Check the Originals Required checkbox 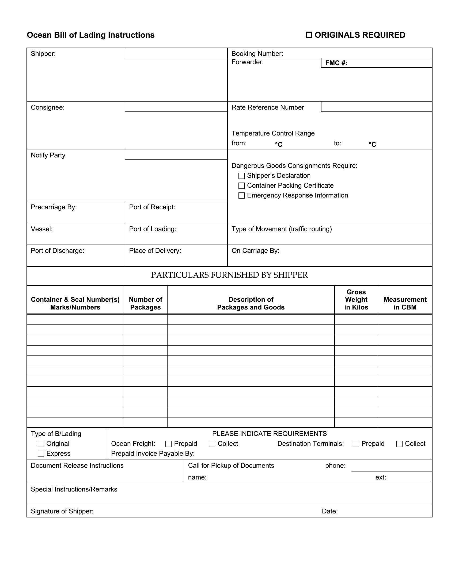point(309,35)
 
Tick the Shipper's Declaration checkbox point(241,176)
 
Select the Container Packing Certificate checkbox point(241,186)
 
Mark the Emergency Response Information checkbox point(241,195)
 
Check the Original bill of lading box point(41,444)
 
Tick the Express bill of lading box point(41,454)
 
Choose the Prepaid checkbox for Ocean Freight point(168,444)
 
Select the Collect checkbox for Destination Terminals point(399,444)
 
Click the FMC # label point(336,63)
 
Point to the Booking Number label point(257,53)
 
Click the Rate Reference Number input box point(377,107)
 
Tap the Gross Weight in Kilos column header point(356,300)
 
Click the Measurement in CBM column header point(405,303)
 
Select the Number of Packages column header point(146,303)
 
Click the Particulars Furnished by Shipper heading point(229,275)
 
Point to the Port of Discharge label point(58,251)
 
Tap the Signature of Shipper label point(62,511)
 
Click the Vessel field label point(42,229)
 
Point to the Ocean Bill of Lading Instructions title point(90,35)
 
